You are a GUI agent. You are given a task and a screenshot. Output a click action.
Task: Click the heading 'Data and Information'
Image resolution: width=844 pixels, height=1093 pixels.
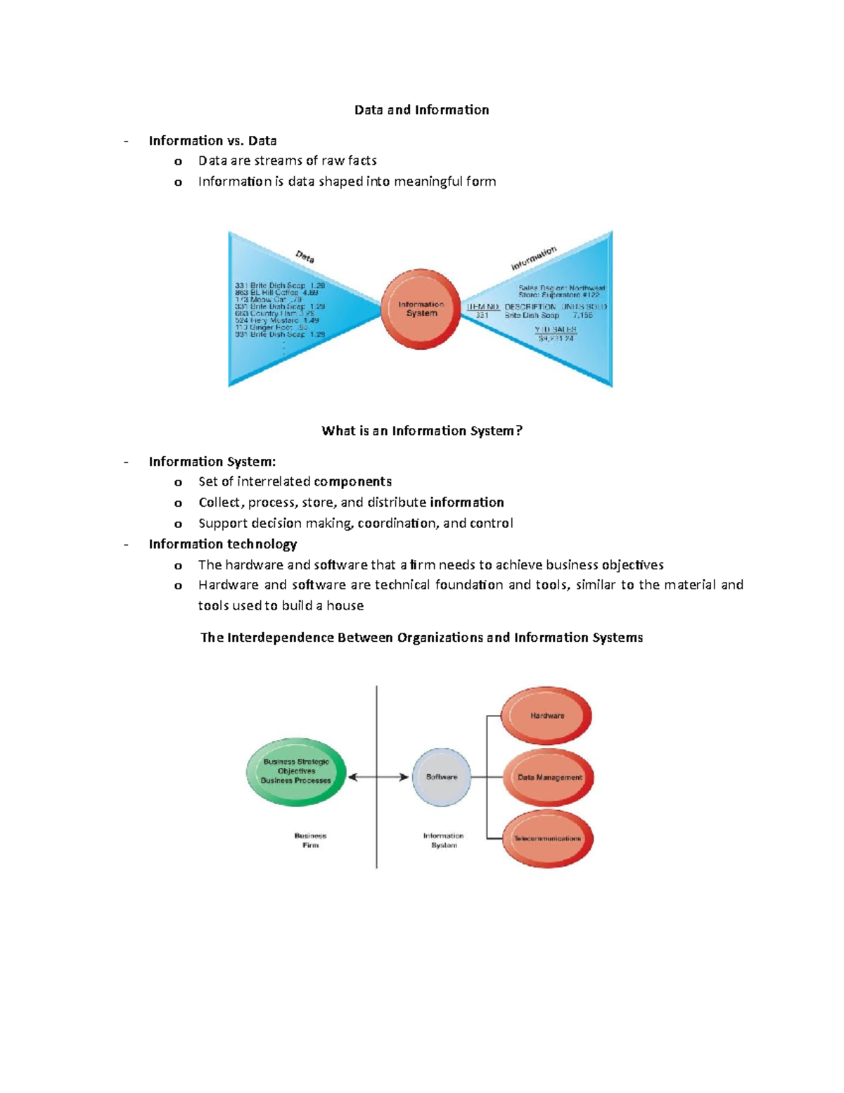click(421, 110)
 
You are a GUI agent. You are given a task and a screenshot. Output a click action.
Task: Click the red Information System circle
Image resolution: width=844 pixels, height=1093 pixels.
click(421, 309)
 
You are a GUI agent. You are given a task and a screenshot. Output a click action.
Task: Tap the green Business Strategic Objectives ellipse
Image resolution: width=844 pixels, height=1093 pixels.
click(296, 771)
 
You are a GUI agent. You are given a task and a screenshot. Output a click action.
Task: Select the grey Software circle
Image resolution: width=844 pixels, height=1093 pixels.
click(442, 777)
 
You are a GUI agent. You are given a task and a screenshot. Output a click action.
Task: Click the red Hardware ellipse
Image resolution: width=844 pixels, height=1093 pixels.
click(546, 716)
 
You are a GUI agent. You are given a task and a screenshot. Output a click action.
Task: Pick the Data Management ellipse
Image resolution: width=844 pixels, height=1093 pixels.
click(549, 778)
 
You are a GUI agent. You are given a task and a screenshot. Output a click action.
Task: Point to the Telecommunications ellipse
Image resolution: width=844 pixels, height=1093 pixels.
click(548, 839)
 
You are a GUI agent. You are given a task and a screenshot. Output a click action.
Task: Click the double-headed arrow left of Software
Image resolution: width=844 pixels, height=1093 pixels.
click(378, 777)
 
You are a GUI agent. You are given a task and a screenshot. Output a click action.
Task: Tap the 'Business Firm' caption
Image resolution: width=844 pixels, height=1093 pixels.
click(310, 840)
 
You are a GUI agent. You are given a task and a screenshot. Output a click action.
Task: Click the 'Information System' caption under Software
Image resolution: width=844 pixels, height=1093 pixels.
click(443, 840)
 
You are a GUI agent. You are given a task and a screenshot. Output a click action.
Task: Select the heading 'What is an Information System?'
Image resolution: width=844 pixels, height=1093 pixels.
click(422, 431)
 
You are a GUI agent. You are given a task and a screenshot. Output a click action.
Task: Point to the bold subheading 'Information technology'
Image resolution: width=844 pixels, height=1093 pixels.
click(222, 544)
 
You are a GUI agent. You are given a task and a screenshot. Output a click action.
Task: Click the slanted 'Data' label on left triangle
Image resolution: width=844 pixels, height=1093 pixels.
click(305, 257)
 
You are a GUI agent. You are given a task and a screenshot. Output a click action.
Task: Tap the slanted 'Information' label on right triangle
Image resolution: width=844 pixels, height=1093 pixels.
click(534, 258)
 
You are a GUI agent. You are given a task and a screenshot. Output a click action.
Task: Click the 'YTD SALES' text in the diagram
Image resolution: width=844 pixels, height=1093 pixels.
click(556, 329)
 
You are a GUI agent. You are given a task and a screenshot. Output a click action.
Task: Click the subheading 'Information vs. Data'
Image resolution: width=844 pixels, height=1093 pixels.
click(212, 141)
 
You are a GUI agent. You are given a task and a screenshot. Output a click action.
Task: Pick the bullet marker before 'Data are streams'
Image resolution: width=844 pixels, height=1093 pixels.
click(178, 161)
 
